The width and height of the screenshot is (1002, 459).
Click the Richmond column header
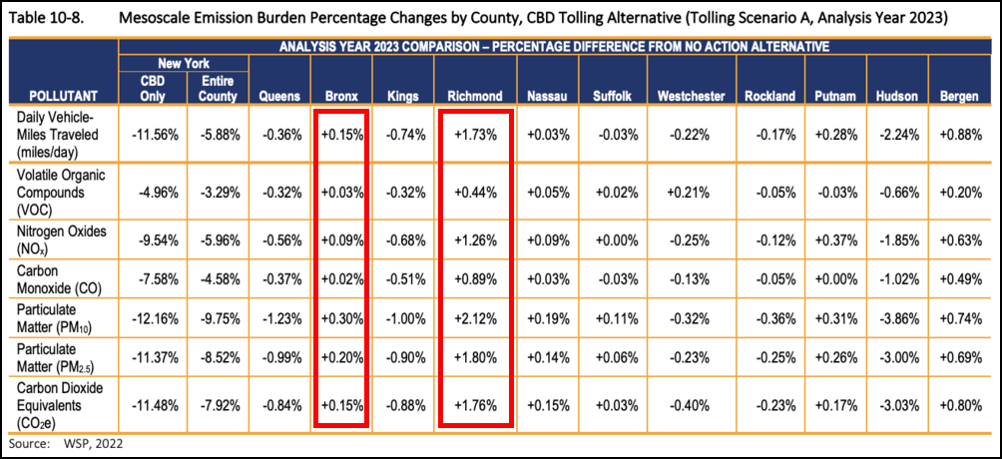[475, 96]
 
